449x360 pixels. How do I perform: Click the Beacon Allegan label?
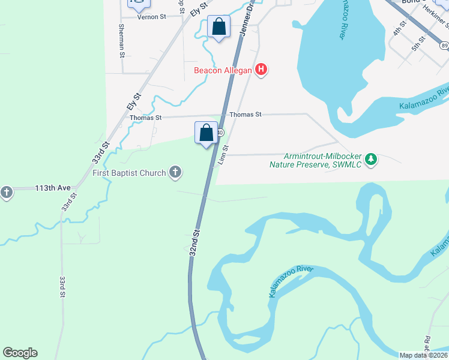223,70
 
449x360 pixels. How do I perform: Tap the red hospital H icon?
261,70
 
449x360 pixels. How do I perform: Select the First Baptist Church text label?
129,173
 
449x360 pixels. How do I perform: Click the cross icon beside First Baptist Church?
175,173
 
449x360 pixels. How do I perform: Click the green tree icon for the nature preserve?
372,159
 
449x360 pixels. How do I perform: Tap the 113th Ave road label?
53,188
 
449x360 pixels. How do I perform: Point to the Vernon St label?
151,17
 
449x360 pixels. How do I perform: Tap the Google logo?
20,353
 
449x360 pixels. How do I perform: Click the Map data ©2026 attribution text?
423,355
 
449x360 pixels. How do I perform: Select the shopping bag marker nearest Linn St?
206,133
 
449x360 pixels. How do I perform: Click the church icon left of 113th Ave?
6,193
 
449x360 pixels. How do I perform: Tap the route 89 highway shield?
444,45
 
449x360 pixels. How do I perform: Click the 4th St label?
399,28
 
